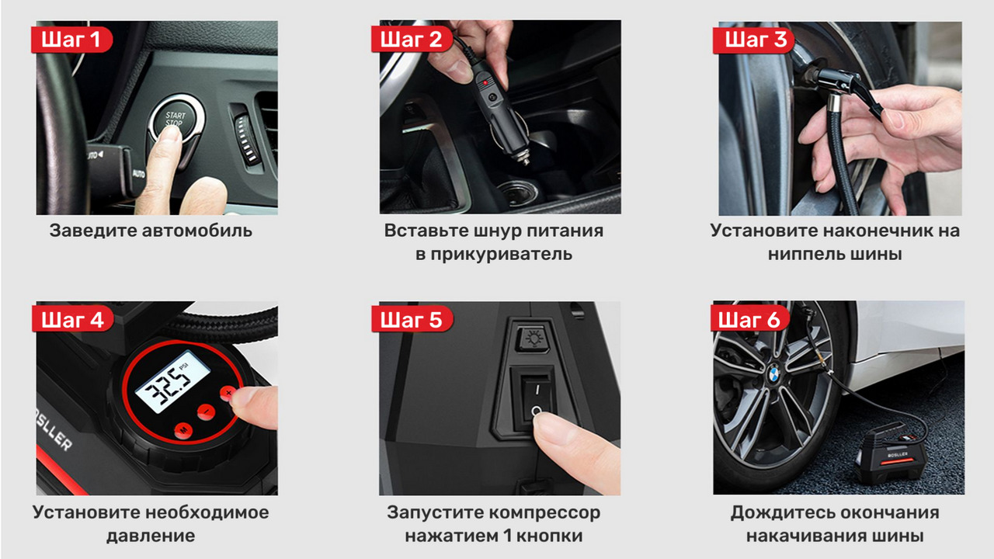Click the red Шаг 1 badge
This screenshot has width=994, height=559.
(x=71, y=40)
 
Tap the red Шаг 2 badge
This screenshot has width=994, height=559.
(x=412, y=40)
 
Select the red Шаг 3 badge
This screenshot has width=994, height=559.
(x=753, y=40)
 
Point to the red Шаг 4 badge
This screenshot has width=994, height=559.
(x=72, y=318)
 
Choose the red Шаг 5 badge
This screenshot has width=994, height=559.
(x=412, y=318)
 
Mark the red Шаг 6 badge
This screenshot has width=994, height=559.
(x=750, y=318)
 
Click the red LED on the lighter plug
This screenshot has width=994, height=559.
(x=485, y=82)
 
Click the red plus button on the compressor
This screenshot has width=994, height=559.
(x=228, y=393)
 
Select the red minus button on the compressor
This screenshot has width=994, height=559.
(x=207, y=411)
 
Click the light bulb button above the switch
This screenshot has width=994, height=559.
(x=533, y=338)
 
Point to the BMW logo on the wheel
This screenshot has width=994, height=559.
(x=773, y=375)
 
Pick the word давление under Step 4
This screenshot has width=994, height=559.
(x=151, y=536)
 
